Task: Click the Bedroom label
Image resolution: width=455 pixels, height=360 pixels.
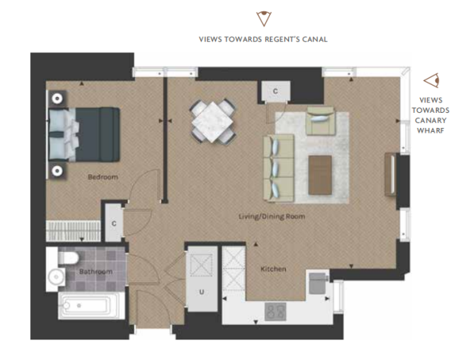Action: [103, 177]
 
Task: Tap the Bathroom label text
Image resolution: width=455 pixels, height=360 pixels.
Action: [96, 271]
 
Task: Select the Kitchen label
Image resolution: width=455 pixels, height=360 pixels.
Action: [273, 269]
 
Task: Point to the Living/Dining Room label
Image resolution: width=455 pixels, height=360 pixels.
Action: [271, 217]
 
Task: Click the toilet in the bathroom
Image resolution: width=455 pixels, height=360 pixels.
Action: [68, 258]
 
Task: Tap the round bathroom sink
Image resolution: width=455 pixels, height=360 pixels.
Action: [56, 277]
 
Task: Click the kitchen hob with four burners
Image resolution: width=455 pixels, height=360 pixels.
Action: [275, 311]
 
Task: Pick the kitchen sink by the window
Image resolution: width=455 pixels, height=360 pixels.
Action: [318, 283]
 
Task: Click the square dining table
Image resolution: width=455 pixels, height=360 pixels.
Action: [213, 122]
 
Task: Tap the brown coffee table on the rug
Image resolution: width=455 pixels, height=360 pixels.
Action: [320, 175]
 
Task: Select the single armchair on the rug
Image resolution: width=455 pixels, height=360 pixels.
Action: [320, 121]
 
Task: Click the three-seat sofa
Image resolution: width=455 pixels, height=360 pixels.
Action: [278, 167]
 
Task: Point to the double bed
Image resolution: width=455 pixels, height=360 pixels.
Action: [84, 134]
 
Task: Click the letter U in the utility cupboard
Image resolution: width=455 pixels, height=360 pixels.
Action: [202, 292]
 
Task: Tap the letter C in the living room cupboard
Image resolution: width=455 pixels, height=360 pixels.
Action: [275, 91]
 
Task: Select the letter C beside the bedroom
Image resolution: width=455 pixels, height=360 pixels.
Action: [114, 224]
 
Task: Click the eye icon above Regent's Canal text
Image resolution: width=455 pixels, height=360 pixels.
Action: [263, 18]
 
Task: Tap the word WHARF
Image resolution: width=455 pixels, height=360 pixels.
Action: [431, 130]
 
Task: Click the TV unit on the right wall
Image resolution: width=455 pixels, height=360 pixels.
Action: [391, 174]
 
